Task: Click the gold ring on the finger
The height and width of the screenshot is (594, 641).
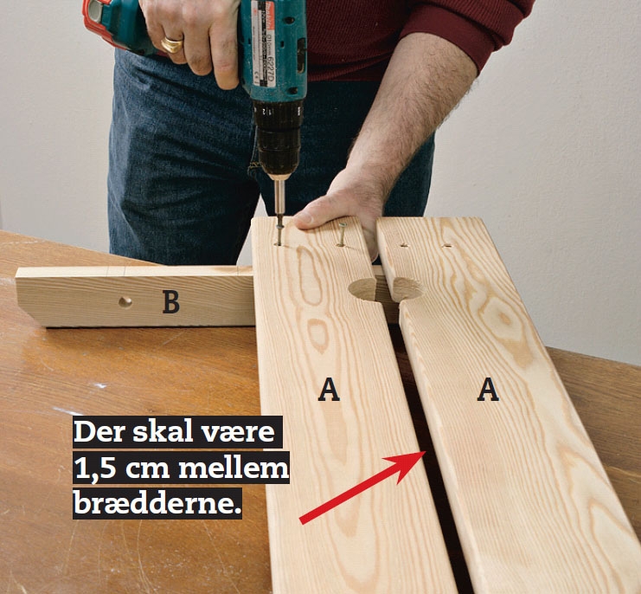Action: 172,44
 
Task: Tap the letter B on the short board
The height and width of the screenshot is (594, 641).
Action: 171,302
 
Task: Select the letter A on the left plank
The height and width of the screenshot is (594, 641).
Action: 329,390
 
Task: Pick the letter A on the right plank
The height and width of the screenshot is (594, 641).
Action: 488,390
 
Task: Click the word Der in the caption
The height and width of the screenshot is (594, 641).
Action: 99,431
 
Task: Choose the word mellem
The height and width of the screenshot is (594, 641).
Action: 234,468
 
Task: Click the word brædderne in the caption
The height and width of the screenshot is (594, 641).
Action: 157,504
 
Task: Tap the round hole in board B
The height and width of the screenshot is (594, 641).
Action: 125,302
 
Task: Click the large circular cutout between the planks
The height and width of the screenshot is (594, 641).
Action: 385,289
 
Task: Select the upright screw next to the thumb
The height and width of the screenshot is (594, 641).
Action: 342,235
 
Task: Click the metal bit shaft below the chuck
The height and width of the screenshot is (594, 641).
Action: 279,197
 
